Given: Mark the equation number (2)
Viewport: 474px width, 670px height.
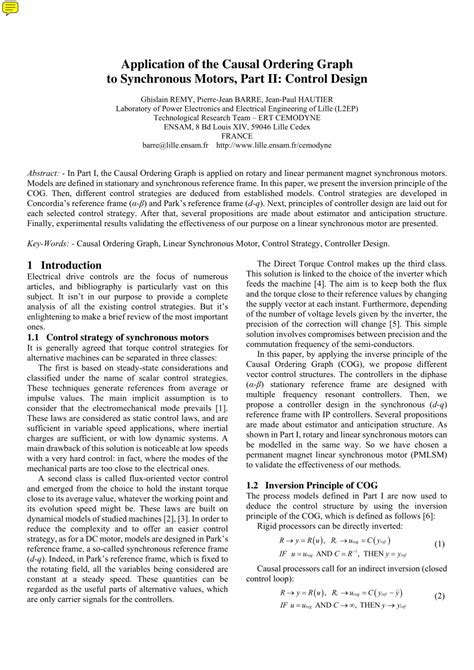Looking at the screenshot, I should click(x=439, y=624).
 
